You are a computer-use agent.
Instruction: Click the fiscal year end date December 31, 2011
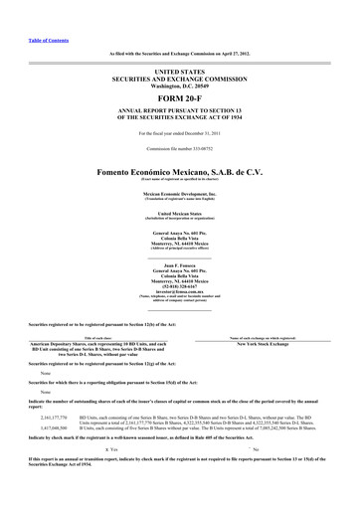(199, 131)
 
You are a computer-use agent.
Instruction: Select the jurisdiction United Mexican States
(180, 213)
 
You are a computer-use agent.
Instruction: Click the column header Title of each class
(97, 338)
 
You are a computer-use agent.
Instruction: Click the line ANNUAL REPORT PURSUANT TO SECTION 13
(180, 113)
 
